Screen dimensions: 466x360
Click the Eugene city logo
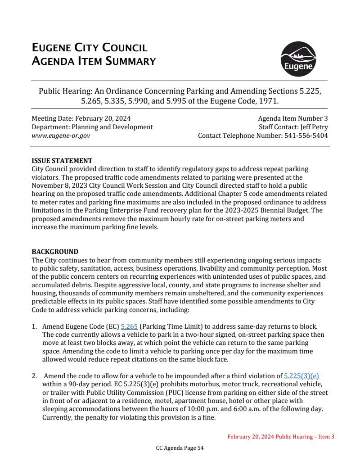coord(298,59)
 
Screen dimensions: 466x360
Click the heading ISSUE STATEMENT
coord(62,161)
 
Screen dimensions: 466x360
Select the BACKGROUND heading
coord(55,252)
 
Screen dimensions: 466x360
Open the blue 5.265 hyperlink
coord(129,326)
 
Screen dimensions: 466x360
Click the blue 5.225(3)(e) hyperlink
coord(301,376)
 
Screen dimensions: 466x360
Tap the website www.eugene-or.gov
coord(61,136)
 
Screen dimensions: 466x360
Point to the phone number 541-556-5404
coord(306,136)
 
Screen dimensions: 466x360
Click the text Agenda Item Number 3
coord(292,118)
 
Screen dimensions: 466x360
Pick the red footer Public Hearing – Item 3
coord(305,437)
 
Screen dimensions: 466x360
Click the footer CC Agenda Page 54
coord(180,448)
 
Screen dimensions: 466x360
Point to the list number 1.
coord(34,326)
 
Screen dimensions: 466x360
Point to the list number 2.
coord(34,376)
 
